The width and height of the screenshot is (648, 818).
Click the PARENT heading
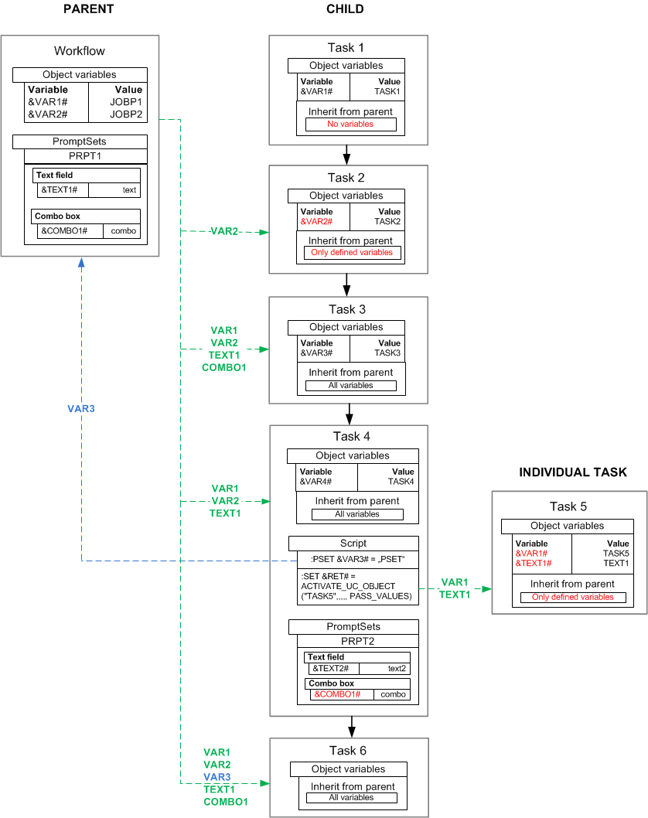click(x=90, y=9)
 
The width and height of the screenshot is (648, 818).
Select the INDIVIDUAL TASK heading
click(x=572, y=472)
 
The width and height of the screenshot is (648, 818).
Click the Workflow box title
click(x=79, y=51)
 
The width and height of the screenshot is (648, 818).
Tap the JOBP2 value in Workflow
click(x=126, y=114)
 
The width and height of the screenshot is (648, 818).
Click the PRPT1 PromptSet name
click(x=85, y=155)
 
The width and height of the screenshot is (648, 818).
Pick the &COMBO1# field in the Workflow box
click(x=64, y=230)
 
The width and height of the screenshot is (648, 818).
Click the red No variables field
click(x=350, y=124)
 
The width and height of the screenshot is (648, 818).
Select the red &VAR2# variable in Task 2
click(x=316, y=221)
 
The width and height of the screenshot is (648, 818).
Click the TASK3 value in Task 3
click(x=387, y=353)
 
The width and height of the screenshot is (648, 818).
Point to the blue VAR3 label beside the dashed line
click(x=81, y=408)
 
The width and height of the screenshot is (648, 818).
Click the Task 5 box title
click(x=568, y=507)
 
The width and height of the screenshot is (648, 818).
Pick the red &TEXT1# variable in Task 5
click(x=532, y=564)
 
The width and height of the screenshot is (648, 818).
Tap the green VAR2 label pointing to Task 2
click(x=223, y=232)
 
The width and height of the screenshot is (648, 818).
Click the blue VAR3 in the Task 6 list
click(x=217, y=777)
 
